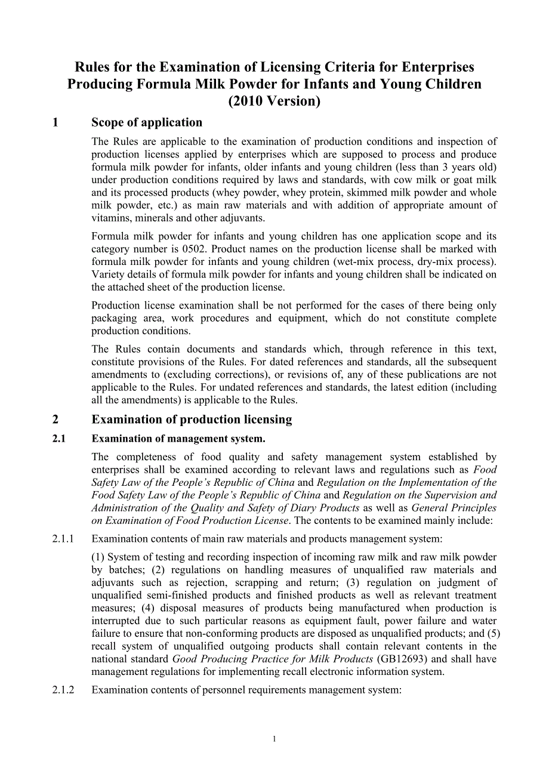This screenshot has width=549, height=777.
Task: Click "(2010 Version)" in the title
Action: coord(274,101)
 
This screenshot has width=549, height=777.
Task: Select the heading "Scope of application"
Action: coord(147,122)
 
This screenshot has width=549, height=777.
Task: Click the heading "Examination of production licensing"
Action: coord(192,420)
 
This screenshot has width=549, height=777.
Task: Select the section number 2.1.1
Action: coord(63,539)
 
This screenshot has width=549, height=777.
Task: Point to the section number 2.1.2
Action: coord(63,690)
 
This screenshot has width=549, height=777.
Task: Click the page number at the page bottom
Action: coord(274,739)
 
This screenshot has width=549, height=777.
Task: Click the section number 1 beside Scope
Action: coord(55,122)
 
